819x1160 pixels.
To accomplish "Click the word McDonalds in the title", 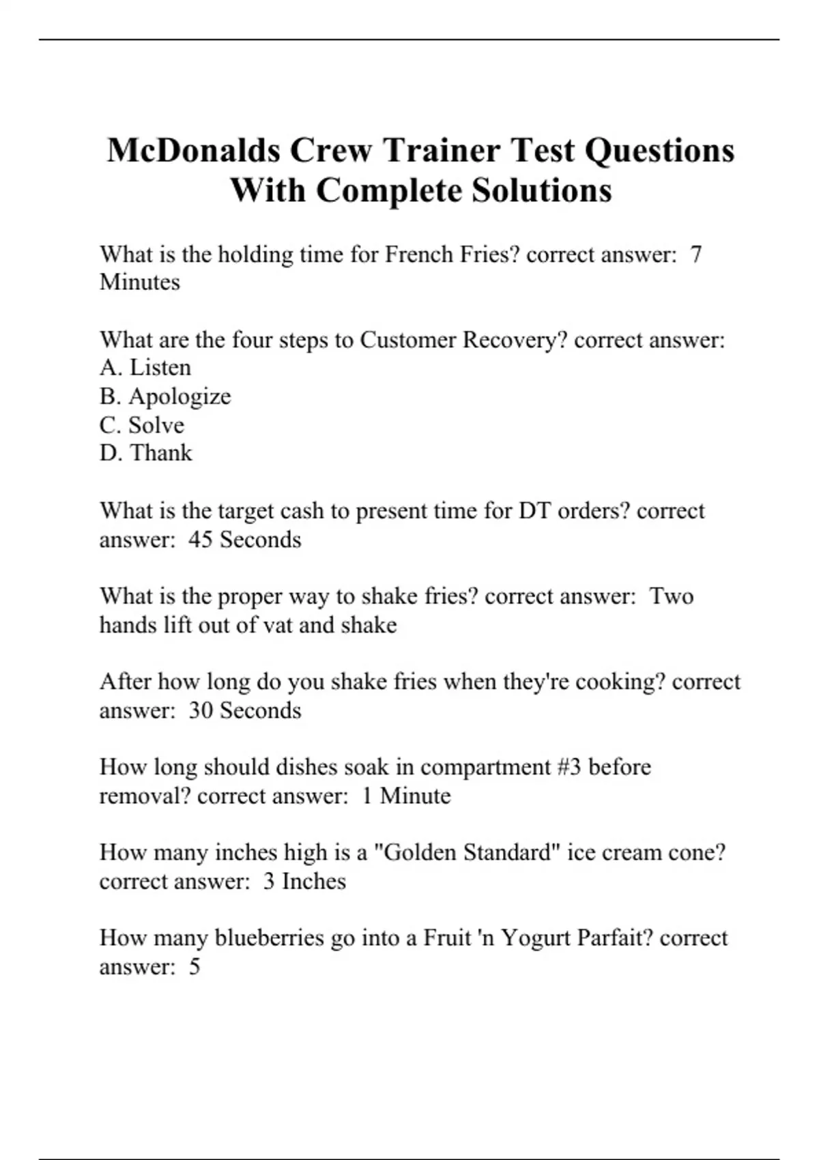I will (193, 150).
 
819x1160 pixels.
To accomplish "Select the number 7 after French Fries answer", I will (695, 255).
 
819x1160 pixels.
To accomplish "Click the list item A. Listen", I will (145, 368).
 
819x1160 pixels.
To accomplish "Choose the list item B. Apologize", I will (165, 396).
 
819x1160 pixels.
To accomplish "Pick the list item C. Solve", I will (142, 425).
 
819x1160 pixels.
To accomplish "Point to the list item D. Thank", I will (146, 453).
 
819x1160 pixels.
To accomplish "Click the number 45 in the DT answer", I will (201, 540).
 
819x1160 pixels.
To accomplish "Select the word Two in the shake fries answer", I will (672, 596).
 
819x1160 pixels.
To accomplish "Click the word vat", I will (278, 625).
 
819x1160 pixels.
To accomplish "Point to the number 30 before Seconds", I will (201, 710).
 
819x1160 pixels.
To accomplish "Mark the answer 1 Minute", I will (406, 796).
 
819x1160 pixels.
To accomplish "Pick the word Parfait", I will (614, 938).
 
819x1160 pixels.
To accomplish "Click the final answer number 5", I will (195, 967).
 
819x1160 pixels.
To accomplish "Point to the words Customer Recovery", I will (463, 340).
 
